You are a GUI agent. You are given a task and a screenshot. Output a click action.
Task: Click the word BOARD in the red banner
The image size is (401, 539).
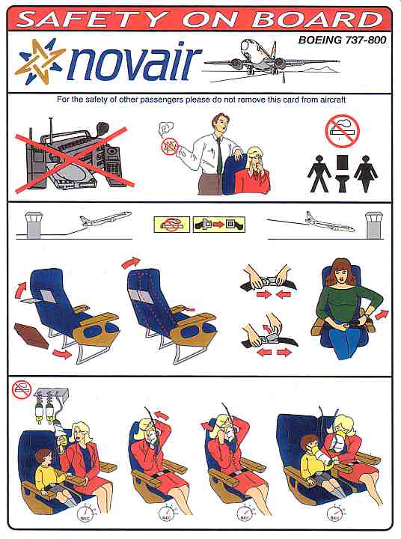(317, 19)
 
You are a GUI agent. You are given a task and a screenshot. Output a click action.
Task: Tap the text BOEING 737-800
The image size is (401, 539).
(342, 40)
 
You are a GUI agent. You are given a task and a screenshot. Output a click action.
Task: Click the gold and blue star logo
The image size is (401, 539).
(40, 61)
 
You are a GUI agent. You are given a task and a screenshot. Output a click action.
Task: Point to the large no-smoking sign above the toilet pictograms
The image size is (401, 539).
(342, 131)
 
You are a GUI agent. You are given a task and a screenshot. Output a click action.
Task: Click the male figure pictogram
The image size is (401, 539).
(319, 173)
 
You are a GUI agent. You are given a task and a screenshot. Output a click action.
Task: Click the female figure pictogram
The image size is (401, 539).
(366, 173)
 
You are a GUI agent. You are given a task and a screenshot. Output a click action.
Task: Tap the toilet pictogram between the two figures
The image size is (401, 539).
(343, 174)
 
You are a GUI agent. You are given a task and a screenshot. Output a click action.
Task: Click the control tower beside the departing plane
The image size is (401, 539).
(34, 225)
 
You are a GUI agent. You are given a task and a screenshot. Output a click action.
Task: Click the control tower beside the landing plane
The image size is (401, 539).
(374, 225)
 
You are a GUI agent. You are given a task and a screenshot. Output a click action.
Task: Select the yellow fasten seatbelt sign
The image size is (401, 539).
(219, 225)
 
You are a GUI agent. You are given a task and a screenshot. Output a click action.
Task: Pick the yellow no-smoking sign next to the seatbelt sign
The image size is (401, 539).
(172, 225)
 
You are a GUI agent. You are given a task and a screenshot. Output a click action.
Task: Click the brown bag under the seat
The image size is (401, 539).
(31, 335)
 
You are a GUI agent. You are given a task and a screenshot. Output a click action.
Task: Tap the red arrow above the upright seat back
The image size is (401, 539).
(131, 263)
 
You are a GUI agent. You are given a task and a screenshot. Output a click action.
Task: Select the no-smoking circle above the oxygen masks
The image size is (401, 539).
(22, 389)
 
